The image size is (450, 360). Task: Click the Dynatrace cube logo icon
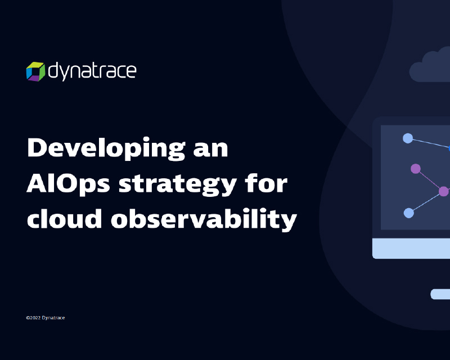(35, 71)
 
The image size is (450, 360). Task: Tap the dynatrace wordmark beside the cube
(92, 71)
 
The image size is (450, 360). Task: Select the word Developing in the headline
(106, 148)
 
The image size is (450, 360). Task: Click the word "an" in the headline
(211, 149)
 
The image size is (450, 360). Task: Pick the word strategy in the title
(178, 184)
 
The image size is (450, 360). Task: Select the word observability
(204, 219)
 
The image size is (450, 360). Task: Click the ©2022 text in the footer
(33, 318)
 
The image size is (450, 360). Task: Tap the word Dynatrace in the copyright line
(53, 318)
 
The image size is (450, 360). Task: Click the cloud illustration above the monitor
(430, 67)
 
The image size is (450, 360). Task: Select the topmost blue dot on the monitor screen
(408, 138)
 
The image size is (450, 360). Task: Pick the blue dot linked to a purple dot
(409, 213)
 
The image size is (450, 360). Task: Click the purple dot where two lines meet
(444, 191)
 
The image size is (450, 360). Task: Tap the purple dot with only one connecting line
(416, 169)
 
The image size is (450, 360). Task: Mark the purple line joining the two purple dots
(430, 180)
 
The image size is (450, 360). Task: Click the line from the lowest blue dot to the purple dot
(426, 202)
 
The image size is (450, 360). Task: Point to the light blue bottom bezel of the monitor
(411, 248)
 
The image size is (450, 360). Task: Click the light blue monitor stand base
(440, 294)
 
